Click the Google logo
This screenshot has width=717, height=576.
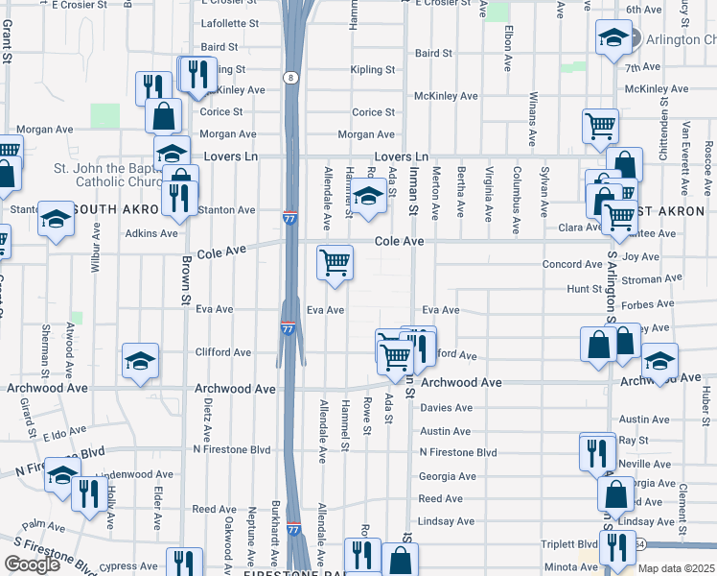(x=32, y=564)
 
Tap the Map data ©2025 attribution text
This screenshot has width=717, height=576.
(x=678, y=568)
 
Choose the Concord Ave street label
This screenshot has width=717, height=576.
(x=572, y=264)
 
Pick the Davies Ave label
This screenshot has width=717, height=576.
(x=446, y=407)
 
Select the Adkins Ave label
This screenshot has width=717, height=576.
(x=150, y=233)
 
